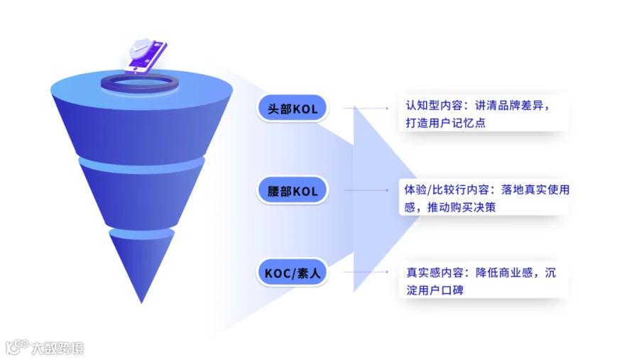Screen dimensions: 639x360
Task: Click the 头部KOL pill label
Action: pyautogui.click(x=293, y=109)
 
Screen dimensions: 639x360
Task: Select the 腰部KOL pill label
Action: pyautogui.click(x=293, y=190)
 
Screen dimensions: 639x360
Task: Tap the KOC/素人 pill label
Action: pyautogui.click(x=293, y=273)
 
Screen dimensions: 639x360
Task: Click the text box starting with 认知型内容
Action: pyautogui.click(x=484, y=114)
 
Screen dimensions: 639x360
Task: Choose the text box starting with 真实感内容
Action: pyautogui.click(x=484, y=280)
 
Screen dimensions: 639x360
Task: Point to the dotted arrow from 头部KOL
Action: pyautogui.click(x=366, y=109)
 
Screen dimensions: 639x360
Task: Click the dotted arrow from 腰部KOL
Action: pyautogui.click(x=366, y=190)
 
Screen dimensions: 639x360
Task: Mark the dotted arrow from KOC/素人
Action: pyautogui.click(x=366, y=272)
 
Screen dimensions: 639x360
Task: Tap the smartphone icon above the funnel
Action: pyautogui.click(x=146, y=56)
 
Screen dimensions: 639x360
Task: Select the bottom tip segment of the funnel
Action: pyautogui.click(x=141, y=266)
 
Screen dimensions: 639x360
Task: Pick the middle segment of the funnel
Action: pyautogui.click(x=141, y=194)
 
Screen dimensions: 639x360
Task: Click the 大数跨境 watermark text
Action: pyautogui.click(x=58, y=348)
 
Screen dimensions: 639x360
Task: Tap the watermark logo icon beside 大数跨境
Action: pyautogui.click(x=17, y=347)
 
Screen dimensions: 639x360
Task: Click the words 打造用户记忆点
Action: pyautogui.click(x=445, y=123)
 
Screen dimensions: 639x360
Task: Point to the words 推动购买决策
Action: pyautogui.click(x=461, y=207)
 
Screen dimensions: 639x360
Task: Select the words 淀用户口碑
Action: pyautogui.click(x=435, y=290)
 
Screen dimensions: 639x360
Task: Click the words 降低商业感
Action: pyautogui.click(x=504, y=273)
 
